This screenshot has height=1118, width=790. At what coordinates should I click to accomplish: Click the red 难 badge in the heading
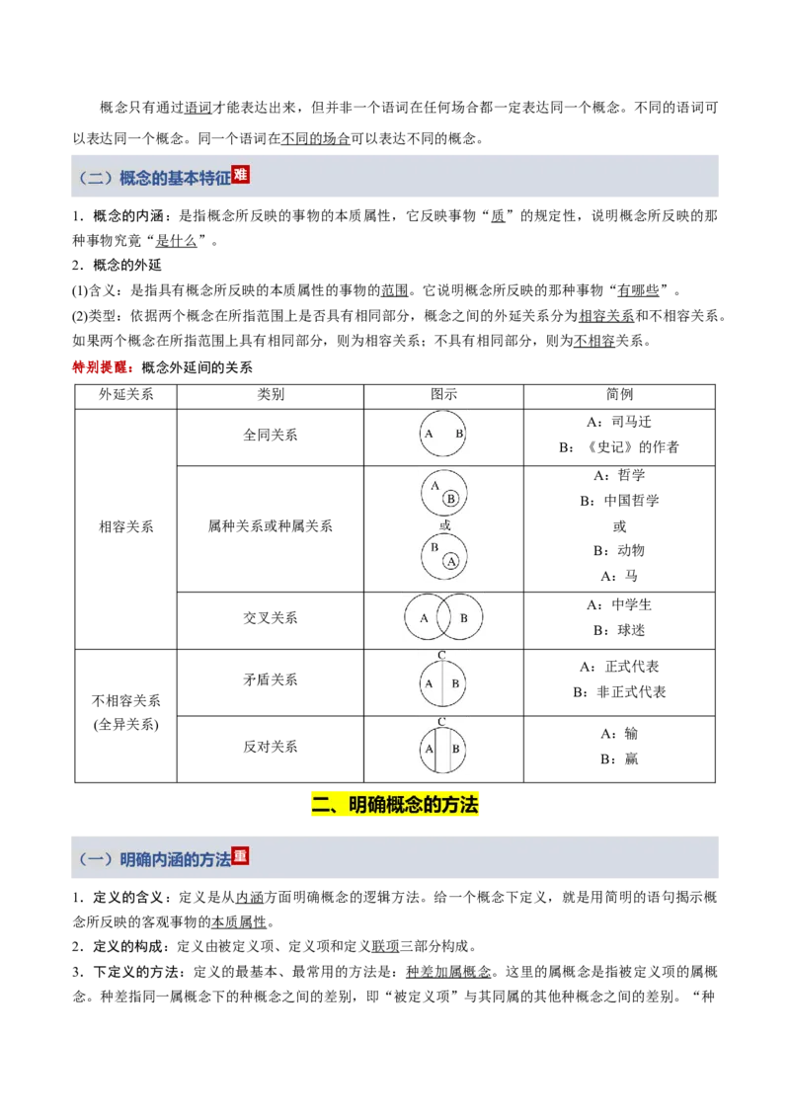coord(240,175)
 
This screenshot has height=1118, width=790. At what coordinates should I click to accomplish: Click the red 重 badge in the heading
coord(240,855)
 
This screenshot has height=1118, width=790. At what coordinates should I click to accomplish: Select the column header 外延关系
coord(126,395)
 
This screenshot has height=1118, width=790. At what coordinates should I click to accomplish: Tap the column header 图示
coord(443,395)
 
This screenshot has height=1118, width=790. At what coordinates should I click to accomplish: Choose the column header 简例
coord(619,395)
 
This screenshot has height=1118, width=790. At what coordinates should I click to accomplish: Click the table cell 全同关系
coord(271,435)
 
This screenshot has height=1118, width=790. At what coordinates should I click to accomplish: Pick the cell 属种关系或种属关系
coord(271,526)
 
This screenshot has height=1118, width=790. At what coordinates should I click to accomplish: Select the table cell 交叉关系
coord(271,618)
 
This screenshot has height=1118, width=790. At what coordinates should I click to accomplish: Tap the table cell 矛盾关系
coord(271,680)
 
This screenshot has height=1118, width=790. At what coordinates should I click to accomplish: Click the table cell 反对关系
coord(271,748)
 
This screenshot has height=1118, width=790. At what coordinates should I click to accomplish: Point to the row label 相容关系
coord(126,527)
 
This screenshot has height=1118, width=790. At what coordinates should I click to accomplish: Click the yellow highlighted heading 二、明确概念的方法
coord(395,805)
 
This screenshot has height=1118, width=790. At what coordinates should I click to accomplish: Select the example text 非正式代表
coord(631,692)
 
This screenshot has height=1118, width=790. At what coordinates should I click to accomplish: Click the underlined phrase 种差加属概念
coord(448,972)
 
